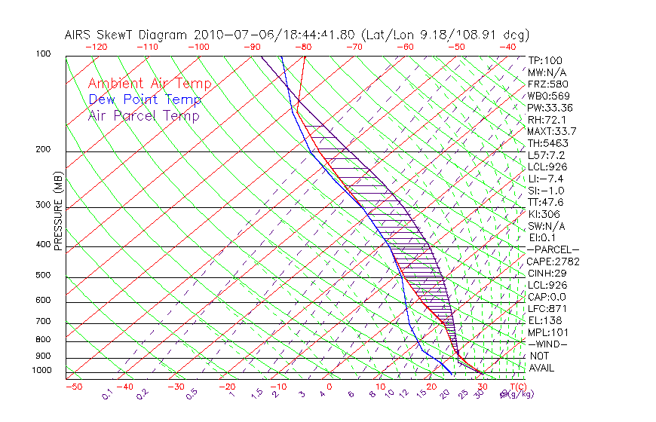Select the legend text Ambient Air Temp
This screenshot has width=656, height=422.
tap(149, 84)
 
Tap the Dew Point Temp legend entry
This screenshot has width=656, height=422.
tap(145, 99)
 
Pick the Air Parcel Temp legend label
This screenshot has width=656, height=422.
tap(143, 115)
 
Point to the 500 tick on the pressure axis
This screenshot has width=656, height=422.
tap(44, 276)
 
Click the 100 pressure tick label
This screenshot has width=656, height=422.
tap(44, 54)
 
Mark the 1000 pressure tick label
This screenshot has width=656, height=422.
tap(41, 370)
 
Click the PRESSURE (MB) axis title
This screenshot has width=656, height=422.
tap(58, 211)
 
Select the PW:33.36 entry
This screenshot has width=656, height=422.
tap(550, 108)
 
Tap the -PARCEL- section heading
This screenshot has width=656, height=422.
tap(553, 249)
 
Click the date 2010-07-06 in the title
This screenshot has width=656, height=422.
tap(228, 35)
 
